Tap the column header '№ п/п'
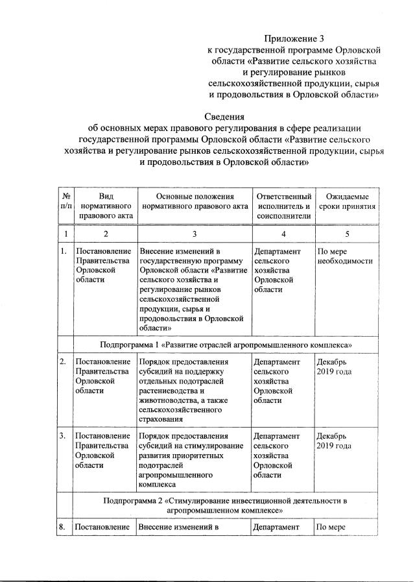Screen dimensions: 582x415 (65, 202)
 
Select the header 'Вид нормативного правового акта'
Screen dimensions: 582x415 (106, 206)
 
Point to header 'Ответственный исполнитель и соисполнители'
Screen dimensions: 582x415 (283, 206)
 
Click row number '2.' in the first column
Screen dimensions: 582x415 (63, 361)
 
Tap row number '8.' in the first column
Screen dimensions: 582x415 (63, 527)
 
